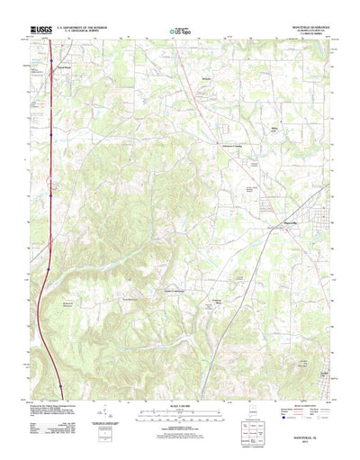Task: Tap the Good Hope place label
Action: tap(62, 68)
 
